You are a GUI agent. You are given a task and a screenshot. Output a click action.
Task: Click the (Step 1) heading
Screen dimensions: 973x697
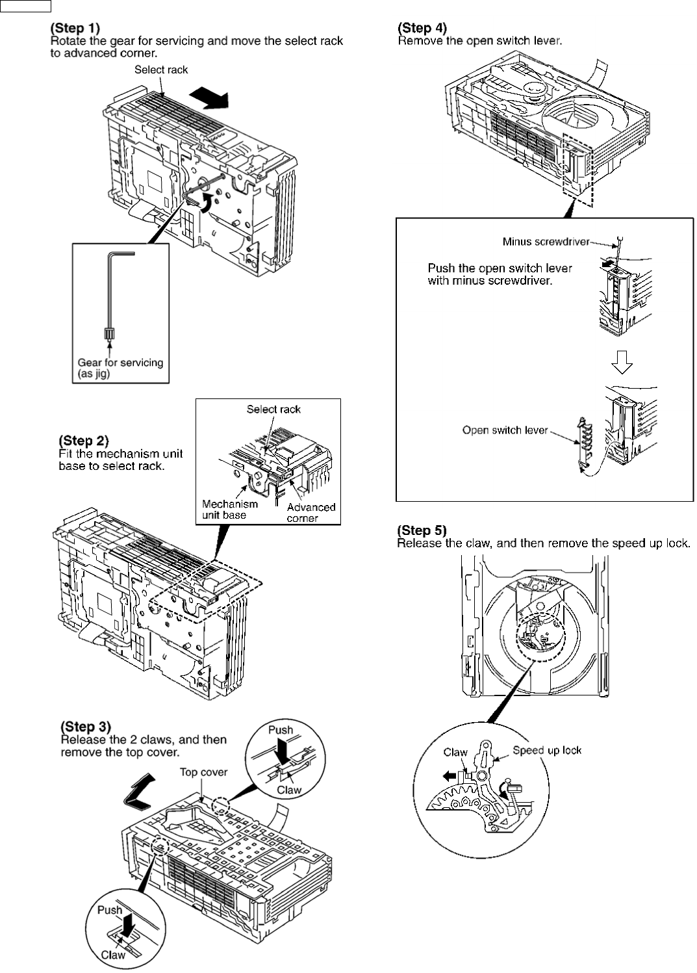coord(76,29)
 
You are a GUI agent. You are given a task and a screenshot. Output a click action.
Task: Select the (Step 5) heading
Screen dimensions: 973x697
coord(422,530)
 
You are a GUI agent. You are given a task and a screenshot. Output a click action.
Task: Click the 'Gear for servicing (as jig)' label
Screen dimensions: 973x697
coord(120,368)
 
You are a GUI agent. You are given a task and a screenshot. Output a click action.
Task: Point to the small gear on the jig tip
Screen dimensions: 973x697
coord(108,333)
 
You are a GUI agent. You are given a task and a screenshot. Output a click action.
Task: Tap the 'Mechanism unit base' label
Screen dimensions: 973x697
coord(229,509)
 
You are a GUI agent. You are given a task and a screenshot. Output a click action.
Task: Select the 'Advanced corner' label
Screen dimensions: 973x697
coord(310,512)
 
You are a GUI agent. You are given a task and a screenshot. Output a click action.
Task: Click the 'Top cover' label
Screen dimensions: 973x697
coord(203,772)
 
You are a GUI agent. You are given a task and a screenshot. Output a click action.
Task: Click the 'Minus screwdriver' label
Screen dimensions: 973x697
coord(546,242)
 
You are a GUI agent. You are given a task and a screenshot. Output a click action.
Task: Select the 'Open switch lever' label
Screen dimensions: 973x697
coord(505,430)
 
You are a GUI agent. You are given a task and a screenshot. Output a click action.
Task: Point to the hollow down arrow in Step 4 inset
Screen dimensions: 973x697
coord(622,364)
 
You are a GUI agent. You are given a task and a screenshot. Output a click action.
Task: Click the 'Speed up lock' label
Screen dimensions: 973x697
coord(546,750)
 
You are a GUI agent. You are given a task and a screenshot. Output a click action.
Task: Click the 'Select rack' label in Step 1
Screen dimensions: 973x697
coord(160,70)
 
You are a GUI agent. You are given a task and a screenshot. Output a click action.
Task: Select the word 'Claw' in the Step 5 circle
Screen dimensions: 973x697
coord(455,752)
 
